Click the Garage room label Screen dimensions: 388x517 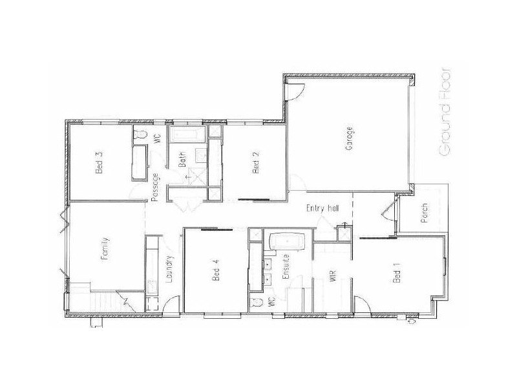click(x=349, y=138)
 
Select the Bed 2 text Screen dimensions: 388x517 click(x=255, y=162)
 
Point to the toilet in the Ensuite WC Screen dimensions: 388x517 click(x=258, y=302)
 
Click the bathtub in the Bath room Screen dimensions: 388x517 click(x=188, y=135)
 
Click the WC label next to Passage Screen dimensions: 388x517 click(x=156, y=137)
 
